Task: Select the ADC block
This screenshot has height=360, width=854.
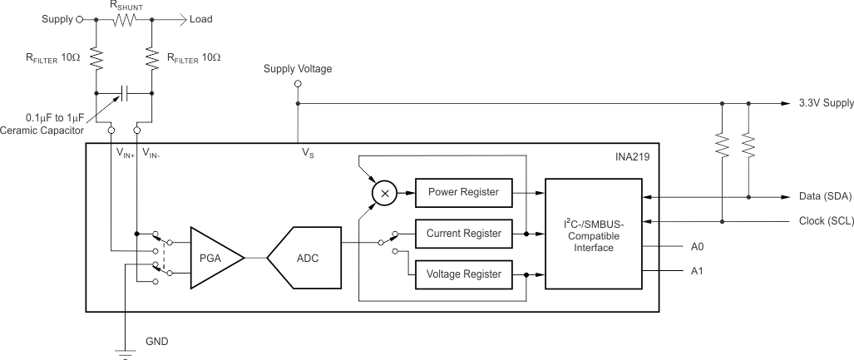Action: [306, 258]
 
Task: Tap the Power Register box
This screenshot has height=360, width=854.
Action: [463, 192]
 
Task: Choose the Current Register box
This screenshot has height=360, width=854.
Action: [463, 234]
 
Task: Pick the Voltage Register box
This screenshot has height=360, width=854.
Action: [463, 274]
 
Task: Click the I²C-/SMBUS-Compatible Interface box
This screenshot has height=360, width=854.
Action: [593, 234]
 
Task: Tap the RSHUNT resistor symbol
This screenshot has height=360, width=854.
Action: [124, 18]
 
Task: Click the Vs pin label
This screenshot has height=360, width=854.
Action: [308, 153]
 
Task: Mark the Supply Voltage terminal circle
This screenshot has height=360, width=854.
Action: [298, 84]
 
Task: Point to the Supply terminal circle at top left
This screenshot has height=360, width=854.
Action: [79, 18]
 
